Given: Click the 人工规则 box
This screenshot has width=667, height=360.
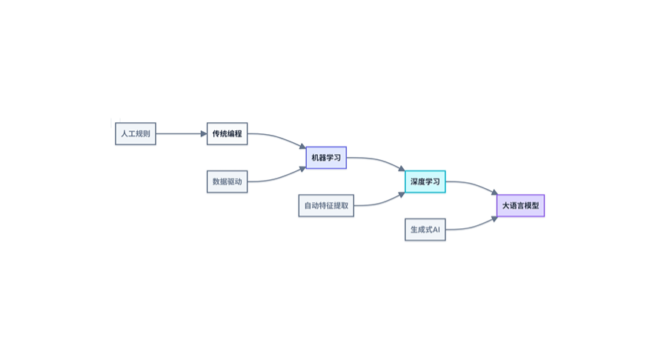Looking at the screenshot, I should [136, 134].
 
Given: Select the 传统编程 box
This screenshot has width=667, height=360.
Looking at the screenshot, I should [227, 134].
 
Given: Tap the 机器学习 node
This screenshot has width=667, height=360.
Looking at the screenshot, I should [326, 158].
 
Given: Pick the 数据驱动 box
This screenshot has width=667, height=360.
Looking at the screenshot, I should [227, 181].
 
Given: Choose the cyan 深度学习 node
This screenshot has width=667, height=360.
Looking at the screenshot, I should [425, 181].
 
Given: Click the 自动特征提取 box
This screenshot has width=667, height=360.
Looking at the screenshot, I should [326, 205].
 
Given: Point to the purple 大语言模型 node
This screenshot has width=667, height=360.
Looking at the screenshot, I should [520, 205].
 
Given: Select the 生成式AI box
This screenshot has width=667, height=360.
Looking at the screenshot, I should [425, 230].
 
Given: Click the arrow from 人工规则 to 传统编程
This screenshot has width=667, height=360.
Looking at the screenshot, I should [181, 134].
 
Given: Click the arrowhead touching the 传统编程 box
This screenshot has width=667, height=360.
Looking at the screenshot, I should [204, 134].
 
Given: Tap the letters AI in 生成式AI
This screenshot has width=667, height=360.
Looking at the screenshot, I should [436, 230].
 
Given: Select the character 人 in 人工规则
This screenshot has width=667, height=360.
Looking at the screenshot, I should [125, 134].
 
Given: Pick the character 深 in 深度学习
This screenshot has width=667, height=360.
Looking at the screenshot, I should [414, 181].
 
